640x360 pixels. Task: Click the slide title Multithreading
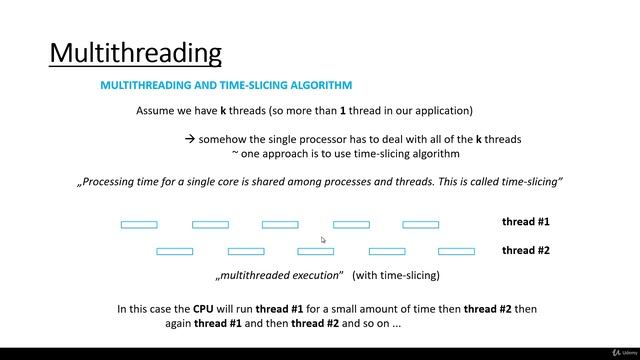coord(135,52)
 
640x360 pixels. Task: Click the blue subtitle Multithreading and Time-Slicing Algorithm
coord(226,86)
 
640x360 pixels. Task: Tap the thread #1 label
coord(525,222)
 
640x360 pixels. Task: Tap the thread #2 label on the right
coord(525,250)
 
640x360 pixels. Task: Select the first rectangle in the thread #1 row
coord(139,225)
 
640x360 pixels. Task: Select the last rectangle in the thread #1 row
coord(420,225)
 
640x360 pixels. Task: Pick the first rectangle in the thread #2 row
coord(175,251)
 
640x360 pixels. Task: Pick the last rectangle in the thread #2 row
coord(456,251)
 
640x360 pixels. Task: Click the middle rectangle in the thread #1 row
coord(280,225)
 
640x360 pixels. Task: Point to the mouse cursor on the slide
coord(323,240)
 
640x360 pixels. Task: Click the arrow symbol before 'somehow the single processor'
coord(190,139)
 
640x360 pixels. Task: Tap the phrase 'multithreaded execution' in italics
coord(279,275)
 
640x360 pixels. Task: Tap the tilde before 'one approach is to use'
coord(235,154)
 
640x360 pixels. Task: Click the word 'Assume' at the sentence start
coord(156,111)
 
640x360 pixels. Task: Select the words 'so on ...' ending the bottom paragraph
coord(380,325)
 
